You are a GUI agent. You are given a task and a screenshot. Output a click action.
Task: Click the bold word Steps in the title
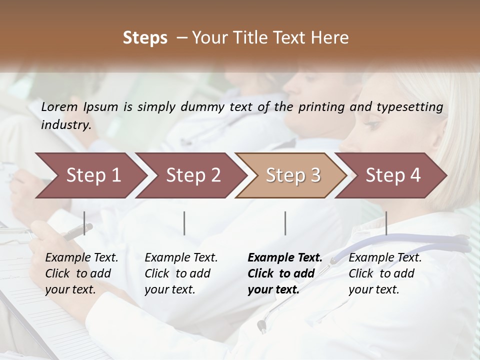[145, 38]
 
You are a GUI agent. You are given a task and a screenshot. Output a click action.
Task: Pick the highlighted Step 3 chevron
[293, 175]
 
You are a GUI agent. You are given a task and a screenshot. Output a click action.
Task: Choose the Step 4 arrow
[393, 175]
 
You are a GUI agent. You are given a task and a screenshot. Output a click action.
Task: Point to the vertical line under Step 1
[84, 223]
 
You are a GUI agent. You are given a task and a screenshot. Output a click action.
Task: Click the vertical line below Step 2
[184, 223]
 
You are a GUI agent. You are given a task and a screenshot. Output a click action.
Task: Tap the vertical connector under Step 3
[285, 223]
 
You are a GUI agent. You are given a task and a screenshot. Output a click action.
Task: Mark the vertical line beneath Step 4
[386, 223]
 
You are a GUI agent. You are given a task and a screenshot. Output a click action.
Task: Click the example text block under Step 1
[81, 273]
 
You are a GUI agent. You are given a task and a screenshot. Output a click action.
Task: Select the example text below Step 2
[181, 273]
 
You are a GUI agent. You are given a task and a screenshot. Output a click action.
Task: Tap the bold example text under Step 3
[284, 273]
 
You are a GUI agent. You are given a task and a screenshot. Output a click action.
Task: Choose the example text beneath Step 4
[385, 273]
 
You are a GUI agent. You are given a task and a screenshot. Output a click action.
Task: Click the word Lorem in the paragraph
[59, 107]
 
